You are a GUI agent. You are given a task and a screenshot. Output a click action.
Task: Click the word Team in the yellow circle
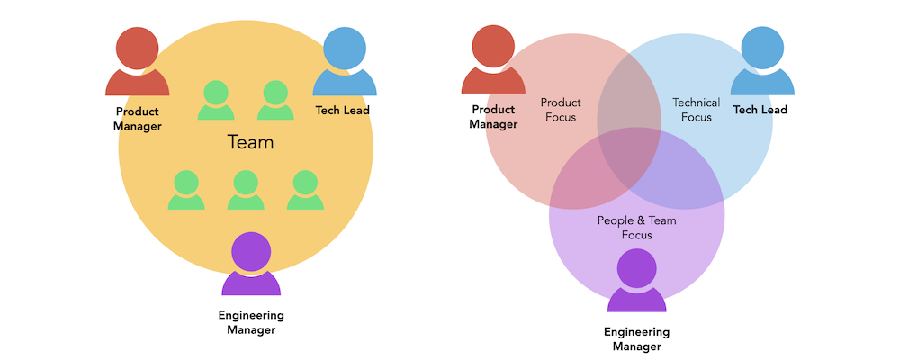tap(250, 142)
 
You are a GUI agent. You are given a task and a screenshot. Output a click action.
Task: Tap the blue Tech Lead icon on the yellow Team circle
tap(344, 63)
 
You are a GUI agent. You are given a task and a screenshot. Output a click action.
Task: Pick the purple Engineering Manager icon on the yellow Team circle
tap(251, 265)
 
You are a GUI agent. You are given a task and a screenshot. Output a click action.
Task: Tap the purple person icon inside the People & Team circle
tap(636, 281)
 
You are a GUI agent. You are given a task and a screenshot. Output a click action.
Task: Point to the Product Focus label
tap(561, 110)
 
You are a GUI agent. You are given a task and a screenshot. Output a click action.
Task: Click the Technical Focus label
tap(697, 110)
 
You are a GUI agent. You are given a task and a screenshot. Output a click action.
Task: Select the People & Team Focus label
tap(636, 228)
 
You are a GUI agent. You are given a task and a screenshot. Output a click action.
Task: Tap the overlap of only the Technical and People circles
tap(679, 180)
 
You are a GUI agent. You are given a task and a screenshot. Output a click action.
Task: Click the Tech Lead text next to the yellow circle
tap(342, 110)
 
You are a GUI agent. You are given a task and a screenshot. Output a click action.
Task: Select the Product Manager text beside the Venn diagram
tap(493, 117)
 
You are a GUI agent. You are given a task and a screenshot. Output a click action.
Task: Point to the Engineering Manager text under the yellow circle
tap(251, 322)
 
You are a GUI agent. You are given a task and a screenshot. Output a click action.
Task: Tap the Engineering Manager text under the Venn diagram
tap(636, 338)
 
